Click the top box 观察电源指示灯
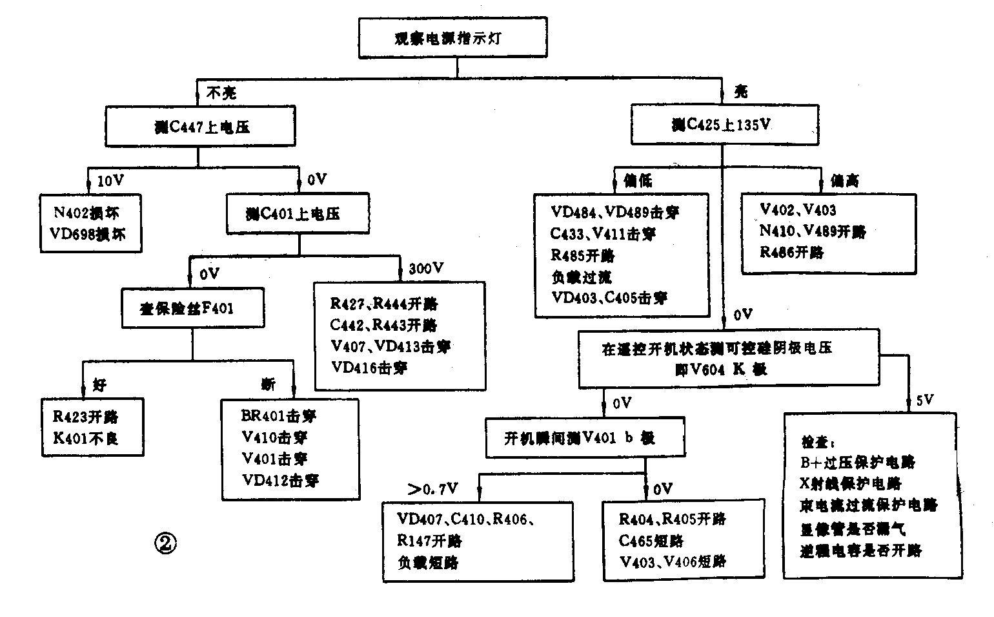pyautogui.click(x=452, y=38)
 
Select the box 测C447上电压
pyautogui.click(x=201, y=127)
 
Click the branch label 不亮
pyautogui.click(x=221, y=93)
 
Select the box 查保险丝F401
pyautogui.click(x=192, y=308)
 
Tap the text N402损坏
pyautogui.click(x=87, y=213)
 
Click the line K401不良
pyautogui.click(x=86, y=439)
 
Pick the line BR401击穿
pyautogui.click(x=278, y=416)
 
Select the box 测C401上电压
pyautogui.click(x=298, y=214)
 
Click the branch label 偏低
pyautogui.click(x=638, y=181)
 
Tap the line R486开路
pyautogui.click(x=791, y=253)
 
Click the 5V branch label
pyautogui.click(x=924, y=401)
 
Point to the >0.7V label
pyautogui.click(x=433, y=488)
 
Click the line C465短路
pyautogui.click(x=651, y=541)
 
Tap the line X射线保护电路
pyautogui.click(x=850, y=484)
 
